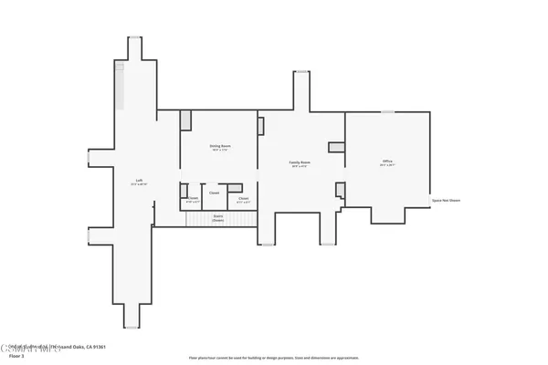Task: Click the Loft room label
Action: (139, 182)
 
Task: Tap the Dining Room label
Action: (220, 147)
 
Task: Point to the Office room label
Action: (387, 163)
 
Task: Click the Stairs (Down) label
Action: (218, 219)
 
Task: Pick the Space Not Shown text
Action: (446, 200)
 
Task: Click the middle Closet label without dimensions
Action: (214, 193)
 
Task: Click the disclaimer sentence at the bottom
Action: (274, 358)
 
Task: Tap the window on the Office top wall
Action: (387, 112)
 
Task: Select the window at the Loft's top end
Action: (133, 36)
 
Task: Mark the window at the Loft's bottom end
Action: (133, 328)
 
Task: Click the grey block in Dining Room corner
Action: (185, 120)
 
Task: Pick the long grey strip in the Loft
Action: (118, 87)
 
